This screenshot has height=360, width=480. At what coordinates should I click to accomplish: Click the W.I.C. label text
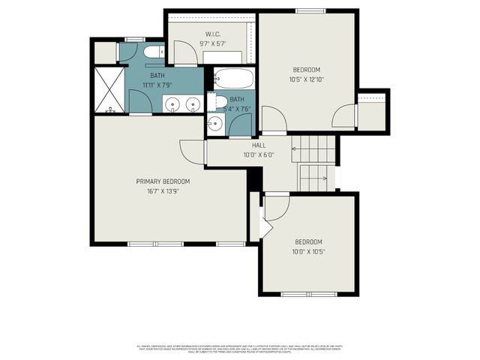(x=211, y=34)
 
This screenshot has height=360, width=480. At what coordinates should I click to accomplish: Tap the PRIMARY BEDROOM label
(x=163, y=181)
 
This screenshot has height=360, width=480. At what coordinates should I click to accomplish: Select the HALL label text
(x=259, y=145)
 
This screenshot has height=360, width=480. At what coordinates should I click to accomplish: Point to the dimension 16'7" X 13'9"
(x=163, y=192)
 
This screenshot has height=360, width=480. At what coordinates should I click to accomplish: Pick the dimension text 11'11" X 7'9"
(x=157, y=85)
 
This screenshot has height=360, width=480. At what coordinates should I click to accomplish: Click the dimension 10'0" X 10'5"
(x=308, y=252)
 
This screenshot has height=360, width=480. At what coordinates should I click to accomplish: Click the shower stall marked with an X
(x=109, y=90)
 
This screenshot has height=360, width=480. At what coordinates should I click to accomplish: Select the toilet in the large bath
(x=154, y=52)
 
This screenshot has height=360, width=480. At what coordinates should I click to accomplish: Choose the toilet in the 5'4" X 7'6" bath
(x=220, y=101)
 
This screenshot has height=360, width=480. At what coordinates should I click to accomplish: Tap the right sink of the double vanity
(x=193, y=104)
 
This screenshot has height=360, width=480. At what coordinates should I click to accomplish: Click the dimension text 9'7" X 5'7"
(x=211, y=44)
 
